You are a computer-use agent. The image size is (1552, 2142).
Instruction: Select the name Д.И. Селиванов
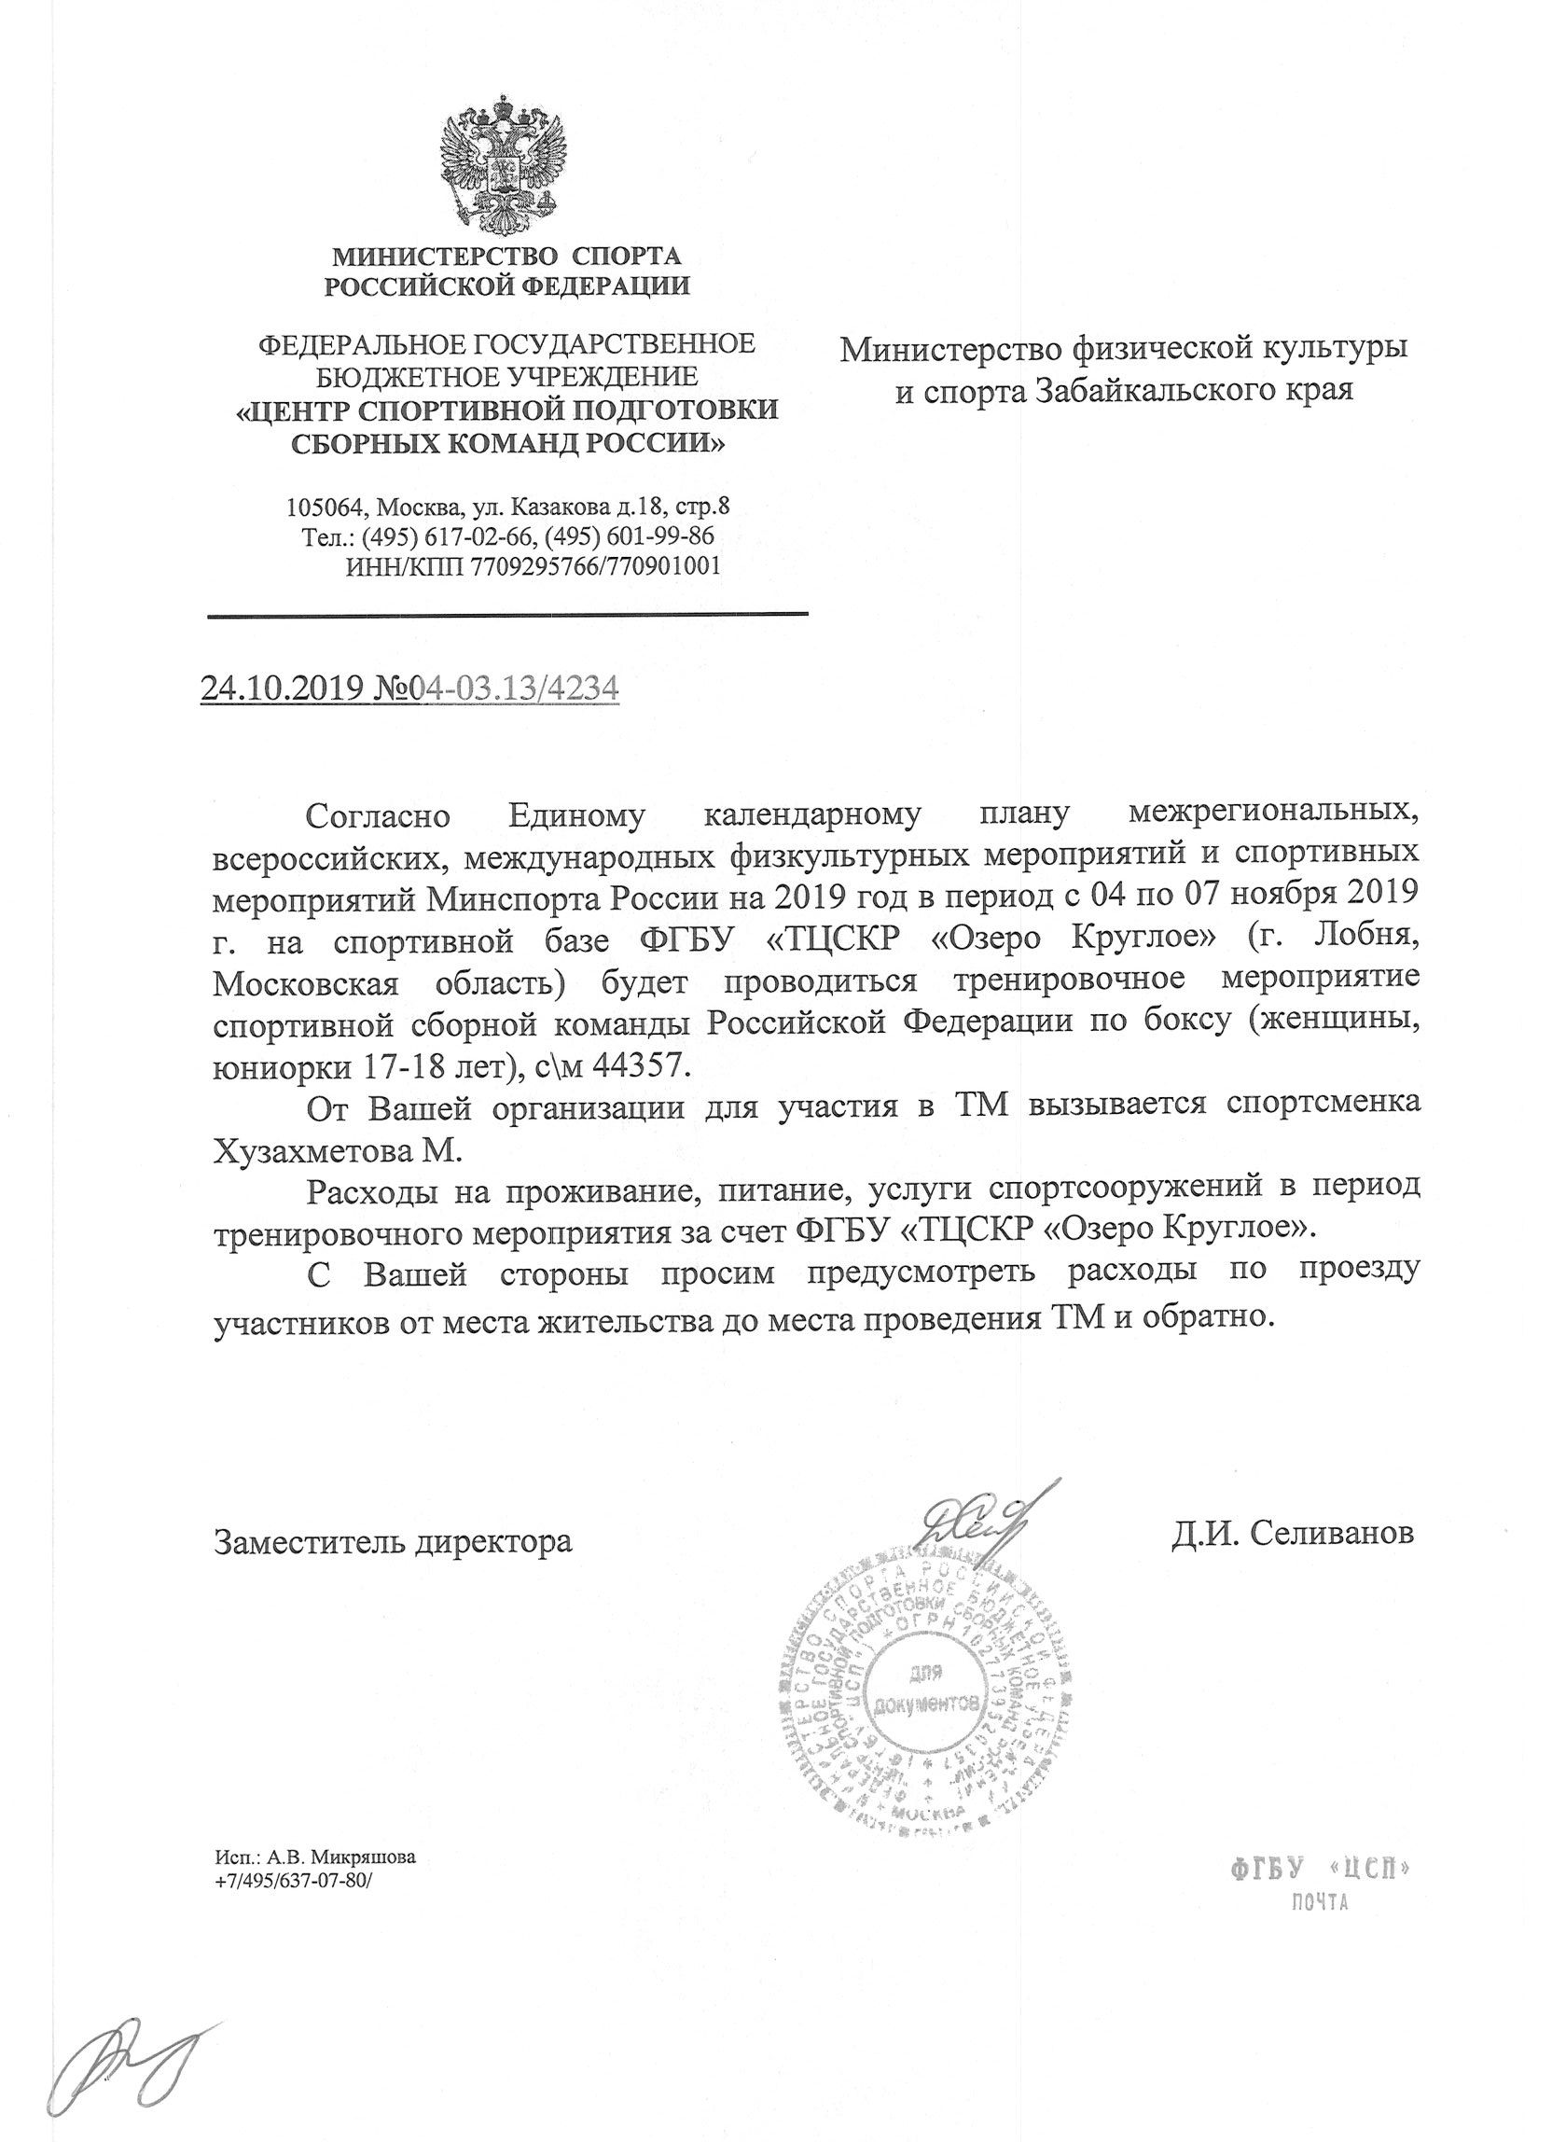1293,1533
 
